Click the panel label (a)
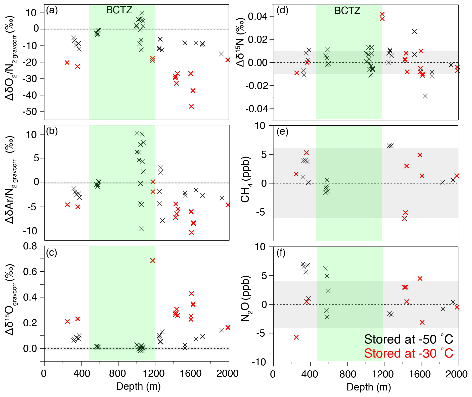click(52, 11)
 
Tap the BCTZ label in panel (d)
click(347, 11)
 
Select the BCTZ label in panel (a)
click(119, 10)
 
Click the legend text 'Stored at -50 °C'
click(408, 339)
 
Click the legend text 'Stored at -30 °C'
click(408, 353)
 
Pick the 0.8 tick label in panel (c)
click(30, 246)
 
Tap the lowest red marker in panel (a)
click(191, 106)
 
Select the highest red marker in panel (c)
click(153, 261)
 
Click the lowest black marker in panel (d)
click(425, 96)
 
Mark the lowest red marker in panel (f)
click(296, 337)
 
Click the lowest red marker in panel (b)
click(192, 233)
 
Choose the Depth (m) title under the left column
click(138, 386)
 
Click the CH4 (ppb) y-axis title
click(245, 180)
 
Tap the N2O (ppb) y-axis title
click(245, 299)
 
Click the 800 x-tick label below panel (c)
click(118, 374)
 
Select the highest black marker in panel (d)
click(414, 31)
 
